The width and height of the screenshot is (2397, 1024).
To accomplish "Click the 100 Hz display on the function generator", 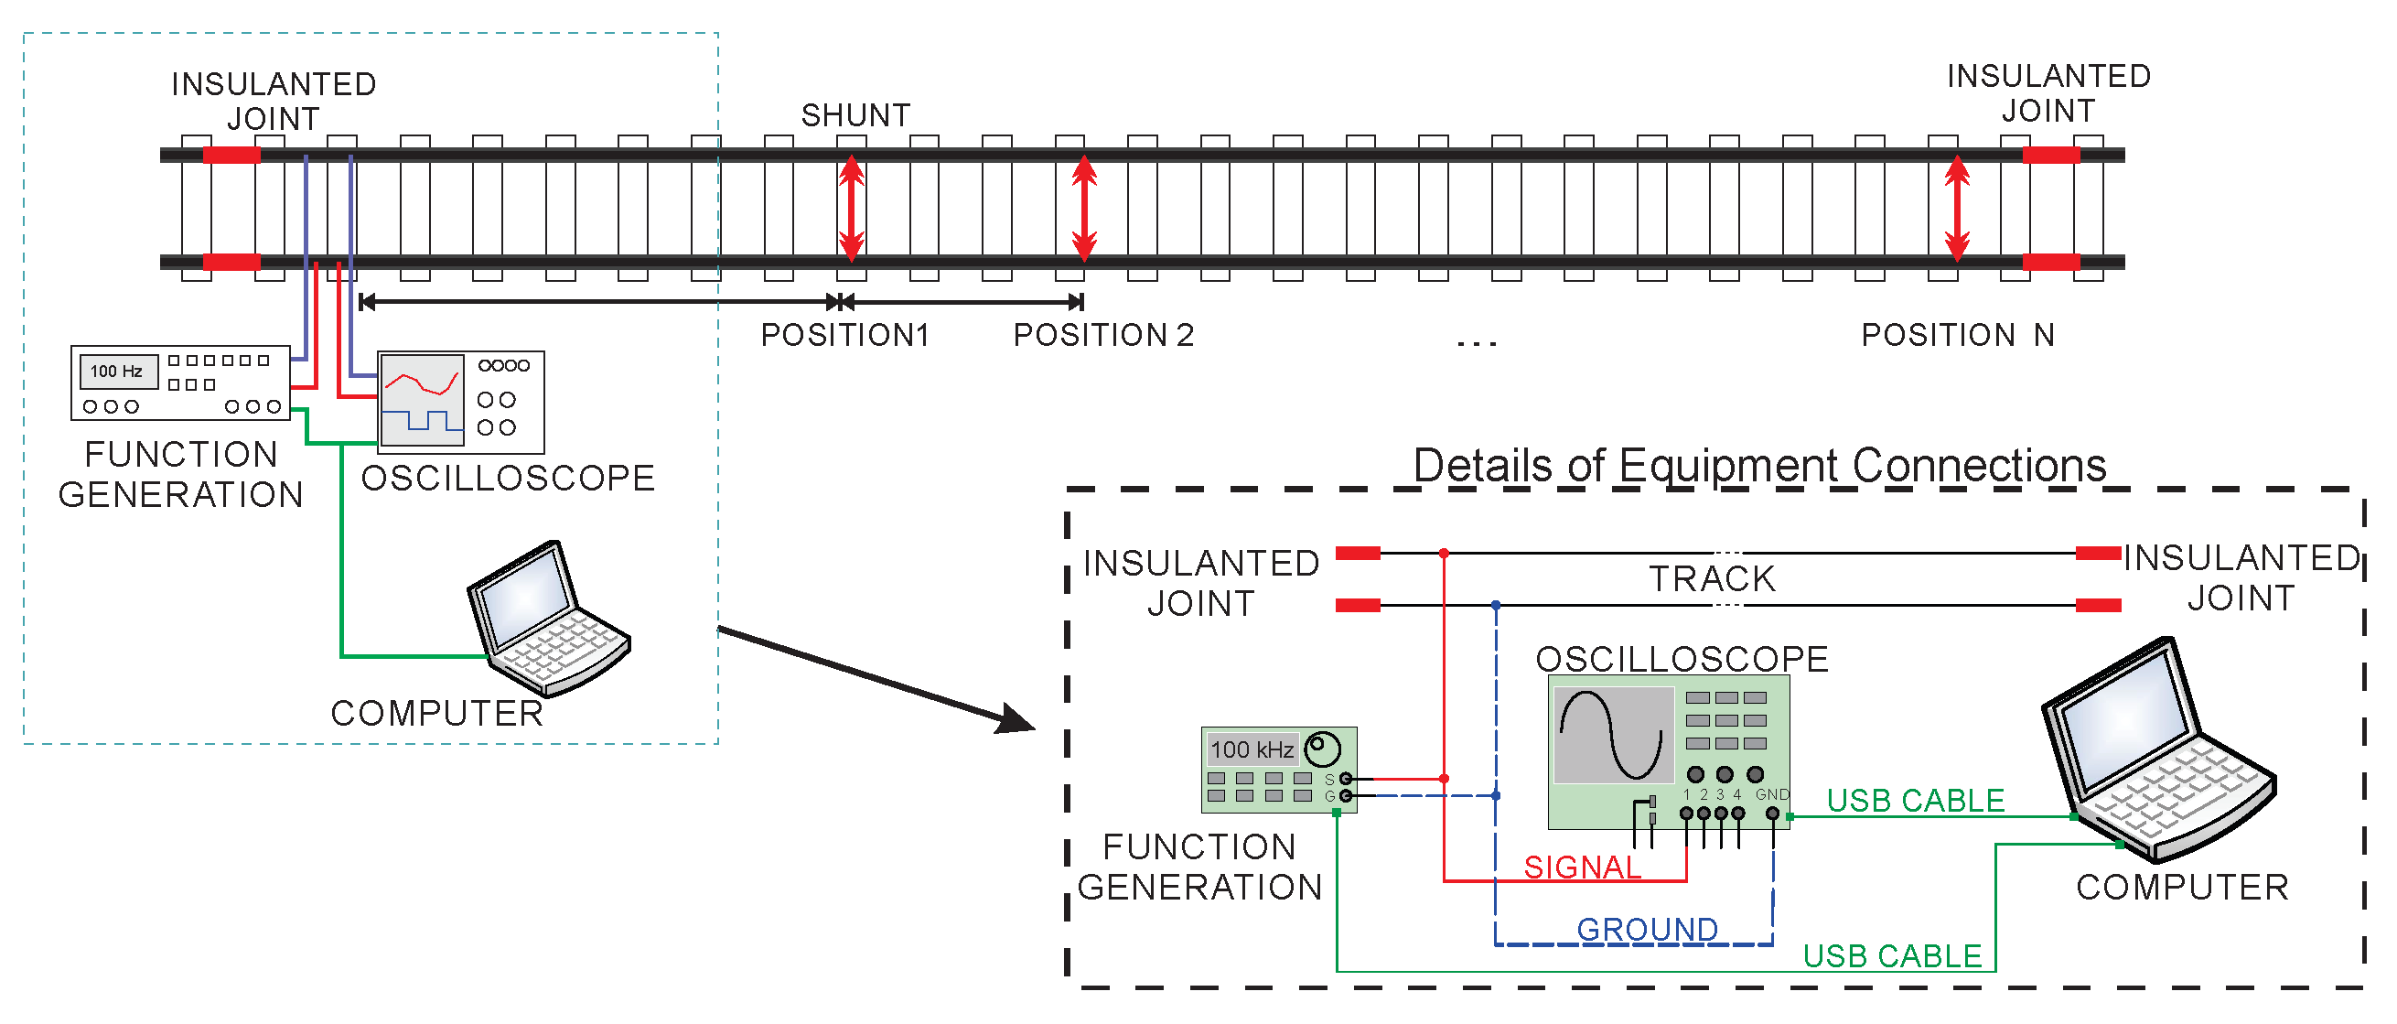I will [x=117, y=372].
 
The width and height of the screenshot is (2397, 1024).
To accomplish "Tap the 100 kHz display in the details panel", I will [x=1252, y=749].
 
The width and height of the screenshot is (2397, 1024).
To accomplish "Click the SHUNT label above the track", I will [x=855, y=115].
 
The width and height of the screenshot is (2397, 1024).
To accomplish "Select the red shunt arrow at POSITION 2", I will [x=1083, y=208].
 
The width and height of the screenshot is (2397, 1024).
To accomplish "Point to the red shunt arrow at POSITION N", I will [x=1957, y=208].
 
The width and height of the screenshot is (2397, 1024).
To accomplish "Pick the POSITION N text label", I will [x=1958, y=335].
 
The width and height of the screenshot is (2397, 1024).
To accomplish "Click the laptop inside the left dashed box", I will [x=549, y=619].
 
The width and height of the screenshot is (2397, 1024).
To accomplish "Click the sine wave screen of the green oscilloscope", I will [x=1612, y=735].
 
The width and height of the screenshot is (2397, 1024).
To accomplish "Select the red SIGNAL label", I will [x=1582, y=867].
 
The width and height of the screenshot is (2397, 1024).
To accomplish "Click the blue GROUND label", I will [x=1647, y=929].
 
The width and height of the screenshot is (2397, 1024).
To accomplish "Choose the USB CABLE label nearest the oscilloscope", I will [x=1915, y=801].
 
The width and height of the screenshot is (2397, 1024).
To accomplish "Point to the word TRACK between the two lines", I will [x=1712, y=579].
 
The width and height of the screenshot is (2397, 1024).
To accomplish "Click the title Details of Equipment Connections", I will [x=1758, y=465].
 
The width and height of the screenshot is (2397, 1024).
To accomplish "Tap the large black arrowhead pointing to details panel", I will [x=1016, y=718].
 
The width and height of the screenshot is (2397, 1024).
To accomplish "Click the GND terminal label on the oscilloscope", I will [x=1772, y=794].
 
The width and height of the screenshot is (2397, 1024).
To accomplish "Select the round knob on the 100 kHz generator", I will [x=1322, y=748].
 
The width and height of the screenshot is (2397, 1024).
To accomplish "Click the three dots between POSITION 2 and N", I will [x=1477, y=343].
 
